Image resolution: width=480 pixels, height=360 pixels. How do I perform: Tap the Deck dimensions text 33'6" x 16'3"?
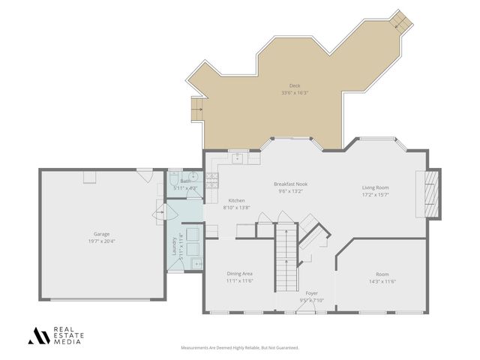(x=294, y=93)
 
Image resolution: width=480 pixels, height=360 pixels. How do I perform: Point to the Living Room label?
(x=375, y=187)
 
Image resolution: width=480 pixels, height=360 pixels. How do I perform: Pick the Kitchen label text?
(x=236, y=200)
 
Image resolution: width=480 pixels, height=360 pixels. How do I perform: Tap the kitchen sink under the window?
(x=237, y=158)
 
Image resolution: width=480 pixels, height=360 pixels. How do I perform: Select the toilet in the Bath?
(x=173, y=182)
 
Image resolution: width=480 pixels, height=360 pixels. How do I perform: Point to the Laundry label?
(x=174, y=247)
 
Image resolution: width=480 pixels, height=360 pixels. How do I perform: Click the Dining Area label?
(x=240, y=274)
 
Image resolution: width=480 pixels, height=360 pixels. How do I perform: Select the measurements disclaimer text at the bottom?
(x=240, y=348)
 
